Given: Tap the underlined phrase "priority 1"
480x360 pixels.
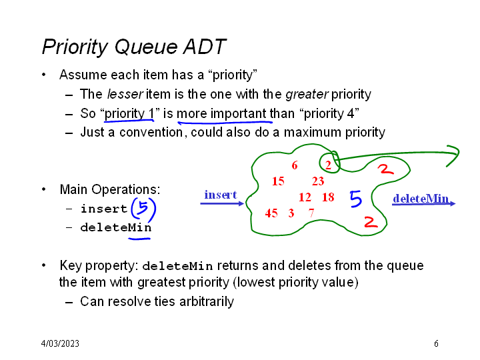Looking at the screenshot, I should pyautogui.click(x=130, y=113).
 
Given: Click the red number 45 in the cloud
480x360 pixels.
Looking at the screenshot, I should pyautogui.click(x=271, y=213).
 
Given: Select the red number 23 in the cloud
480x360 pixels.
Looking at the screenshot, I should pyautogui.click(x=318, y=181).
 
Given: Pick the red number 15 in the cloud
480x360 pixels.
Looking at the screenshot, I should pyautogui.click(x=278, y=181).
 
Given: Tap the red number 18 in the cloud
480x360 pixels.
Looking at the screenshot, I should pyautogui.click(x=328, y=197).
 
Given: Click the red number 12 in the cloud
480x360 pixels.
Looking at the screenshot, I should pyautogui.click(x=305, y=197).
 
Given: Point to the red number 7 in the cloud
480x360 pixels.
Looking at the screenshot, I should pyautogui.click(x=311, y=213).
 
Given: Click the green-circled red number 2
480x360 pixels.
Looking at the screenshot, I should pyautogui.click(x=329, y=165).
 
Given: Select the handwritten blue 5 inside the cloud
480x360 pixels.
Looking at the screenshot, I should pyautogui.click(x=356, y=199).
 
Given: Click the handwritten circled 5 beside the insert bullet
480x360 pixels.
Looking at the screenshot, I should pyautogui.click(x=143, y=209).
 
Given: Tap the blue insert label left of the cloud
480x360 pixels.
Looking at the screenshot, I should pyautogui.click(x=220, y=195).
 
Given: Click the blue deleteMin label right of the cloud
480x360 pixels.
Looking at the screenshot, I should pyautogui.click(x=420, y=199).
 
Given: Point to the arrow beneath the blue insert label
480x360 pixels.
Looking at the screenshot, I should pyautogui.click(x=222, y=203).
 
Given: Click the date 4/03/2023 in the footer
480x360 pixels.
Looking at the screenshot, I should pyautogui.click(x=60, y=344).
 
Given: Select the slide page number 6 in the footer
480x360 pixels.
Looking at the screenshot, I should pyautogui.click(x=436, y=344).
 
